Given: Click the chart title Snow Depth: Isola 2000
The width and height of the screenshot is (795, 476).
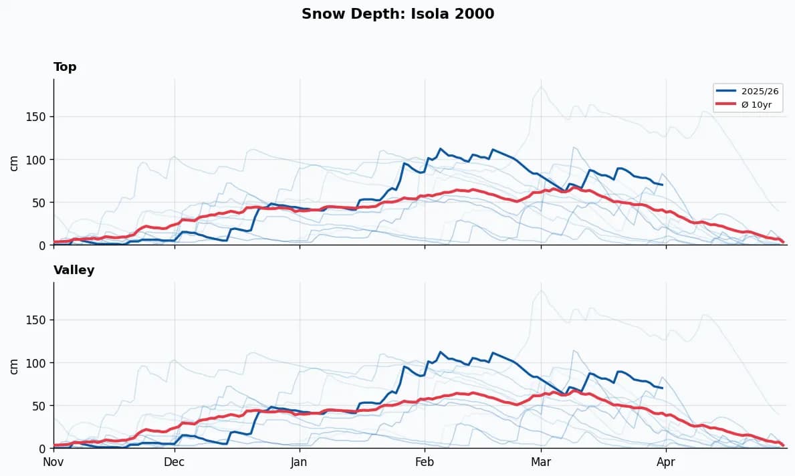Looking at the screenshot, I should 397,14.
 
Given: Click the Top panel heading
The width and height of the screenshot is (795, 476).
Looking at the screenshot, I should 65,67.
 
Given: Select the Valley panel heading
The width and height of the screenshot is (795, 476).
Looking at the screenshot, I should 74,270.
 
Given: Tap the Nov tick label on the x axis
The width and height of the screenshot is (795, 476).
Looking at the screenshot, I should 53,461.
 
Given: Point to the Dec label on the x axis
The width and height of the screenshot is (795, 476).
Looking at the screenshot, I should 175,461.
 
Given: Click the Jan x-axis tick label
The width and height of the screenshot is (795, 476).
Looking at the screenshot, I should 299,461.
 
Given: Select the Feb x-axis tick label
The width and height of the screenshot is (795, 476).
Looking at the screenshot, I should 425,461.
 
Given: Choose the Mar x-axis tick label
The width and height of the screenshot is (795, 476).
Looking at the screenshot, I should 541,461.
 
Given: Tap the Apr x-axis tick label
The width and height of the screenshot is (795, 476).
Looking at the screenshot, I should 665,461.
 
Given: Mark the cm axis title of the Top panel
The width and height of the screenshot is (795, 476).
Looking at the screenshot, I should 14,162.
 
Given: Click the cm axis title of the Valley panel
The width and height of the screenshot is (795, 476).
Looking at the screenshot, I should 14,366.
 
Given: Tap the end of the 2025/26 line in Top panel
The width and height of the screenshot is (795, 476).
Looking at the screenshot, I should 662,185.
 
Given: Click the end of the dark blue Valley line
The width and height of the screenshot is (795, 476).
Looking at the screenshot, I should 662,388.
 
